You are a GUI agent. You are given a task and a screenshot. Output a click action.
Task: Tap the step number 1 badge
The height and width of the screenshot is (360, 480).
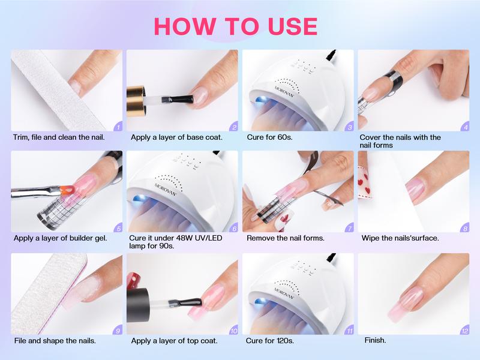tap(118, 127)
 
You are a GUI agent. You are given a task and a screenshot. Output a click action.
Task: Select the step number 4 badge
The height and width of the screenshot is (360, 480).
tap(465, 127)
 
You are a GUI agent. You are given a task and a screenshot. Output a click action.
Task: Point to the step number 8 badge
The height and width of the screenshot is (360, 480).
tap(465, 228)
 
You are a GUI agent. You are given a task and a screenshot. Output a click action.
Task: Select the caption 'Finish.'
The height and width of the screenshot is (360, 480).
tap(375, 341)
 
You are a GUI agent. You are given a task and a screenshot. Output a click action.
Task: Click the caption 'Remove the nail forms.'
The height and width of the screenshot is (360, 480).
tap(286, 238)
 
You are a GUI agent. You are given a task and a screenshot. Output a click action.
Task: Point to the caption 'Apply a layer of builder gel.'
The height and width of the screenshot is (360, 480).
tap(60, 238)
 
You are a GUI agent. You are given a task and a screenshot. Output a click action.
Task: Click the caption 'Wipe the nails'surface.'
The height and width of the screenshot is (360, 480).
tap(400, 238)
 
